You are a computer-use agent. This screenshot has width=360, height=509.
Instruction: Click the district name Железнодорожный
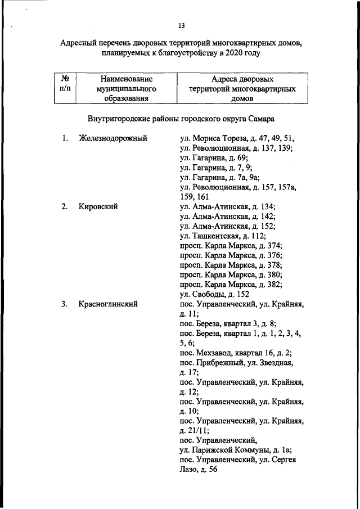[113, 138]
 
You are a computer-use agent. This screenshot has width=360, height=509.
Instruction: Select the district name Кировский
[98, 206]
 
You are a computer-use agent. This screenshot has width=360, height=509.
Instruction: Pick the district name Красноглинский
[109, 304]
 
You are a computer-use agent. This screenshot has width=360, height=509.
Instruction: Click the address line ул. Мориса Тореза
[237, 138]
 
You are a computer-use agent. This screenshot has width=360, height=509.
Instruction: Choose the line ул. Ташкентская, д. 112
[227, 236]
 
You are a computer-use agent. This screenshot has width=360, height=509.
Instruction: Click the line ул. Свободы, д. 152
[214, 294]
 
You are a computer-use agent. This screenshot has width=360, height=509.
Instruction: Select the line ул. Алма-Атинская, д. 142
[228, 216]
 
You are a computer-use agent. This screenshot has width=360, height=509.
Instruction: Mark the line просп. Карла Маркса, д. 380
[231, 275]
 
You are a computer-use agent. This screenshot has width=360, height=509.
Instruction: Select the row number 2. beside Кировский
[65, 206]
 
